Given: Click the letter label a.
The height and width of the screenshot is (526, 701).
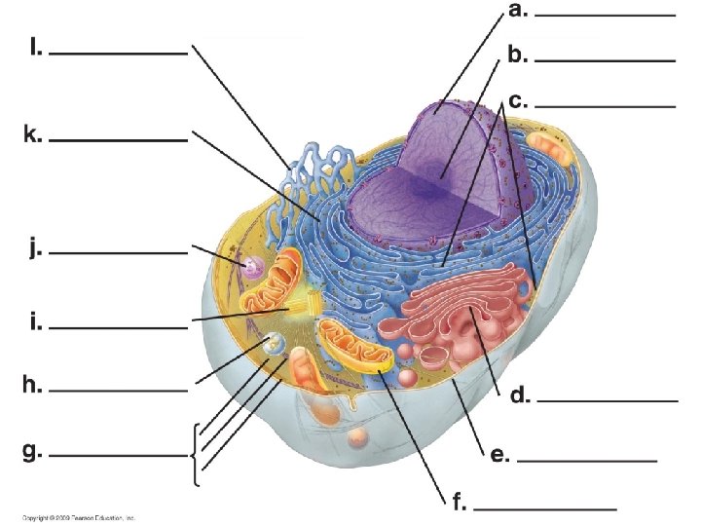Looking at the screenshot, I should tap(518, 12).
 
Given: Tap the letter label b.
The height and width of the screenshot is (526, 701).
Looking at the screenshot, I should tap(518, 56).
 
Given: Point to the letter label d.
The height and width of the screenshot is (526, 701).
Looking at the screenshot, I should tap(520, 396).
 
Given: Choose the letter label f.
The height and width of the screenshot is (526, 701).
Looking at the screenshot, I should tap(459, 504).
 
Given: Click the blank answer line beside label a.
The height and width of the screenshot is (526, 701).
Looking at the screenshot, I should tap(605, 17).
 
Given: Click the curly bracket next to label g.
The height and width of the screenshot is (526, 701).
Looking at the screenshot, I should tap(198, 454).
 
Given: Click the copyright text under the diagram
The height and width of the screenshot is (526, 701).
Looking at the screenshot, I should tap(79, 518).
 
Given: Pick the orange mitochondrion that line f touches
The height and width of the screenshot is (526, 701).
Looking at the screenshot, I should tap(356, 346).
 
